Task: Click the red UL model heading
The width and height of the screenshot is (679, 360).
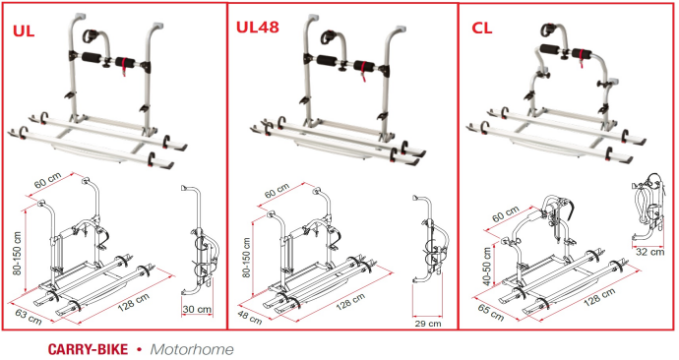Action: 24,31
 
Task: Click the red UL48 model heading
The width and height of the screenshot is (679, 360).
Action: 257,27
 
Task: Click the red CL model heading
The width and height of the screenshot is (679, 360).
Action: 482,28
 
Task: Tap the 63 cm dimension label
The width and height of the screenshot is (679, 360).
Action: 29,317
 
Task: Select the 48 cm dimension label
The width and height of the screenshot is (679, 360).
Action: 249,317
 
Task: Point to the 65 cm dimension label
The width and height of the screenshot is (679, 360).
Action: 491,312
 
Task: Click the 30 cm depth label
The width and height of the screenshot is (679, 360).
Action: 197,310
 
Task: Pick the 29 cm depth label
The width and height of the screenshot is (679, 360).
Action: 428,324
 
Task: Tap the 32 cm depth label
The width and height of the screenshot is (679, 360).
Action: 649,252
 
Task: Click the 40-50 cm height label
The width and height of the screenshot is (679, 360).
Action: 487,267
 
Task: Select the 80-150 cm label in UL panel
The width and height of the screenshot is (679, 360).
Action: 18,253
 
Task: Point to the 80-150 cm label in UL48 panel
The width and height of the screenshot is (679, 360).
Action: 246,258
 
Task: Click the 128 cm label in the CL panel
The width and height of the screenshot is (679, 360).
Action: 599,297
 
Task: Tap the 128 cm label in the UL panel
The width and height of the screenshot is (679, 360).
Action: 134,302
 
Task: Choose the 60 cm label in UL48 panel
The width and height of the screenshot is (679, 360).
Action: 277,191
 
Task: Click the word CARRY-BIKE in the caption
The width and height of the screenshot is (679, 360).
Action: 88,349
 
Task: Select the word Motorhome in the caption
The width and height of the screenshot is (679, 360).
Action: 192,349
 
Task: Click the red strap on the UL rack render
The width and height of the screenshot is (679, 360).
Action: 125,66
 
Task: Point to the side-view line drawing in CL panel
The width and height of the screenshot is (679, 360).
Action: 648,208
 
